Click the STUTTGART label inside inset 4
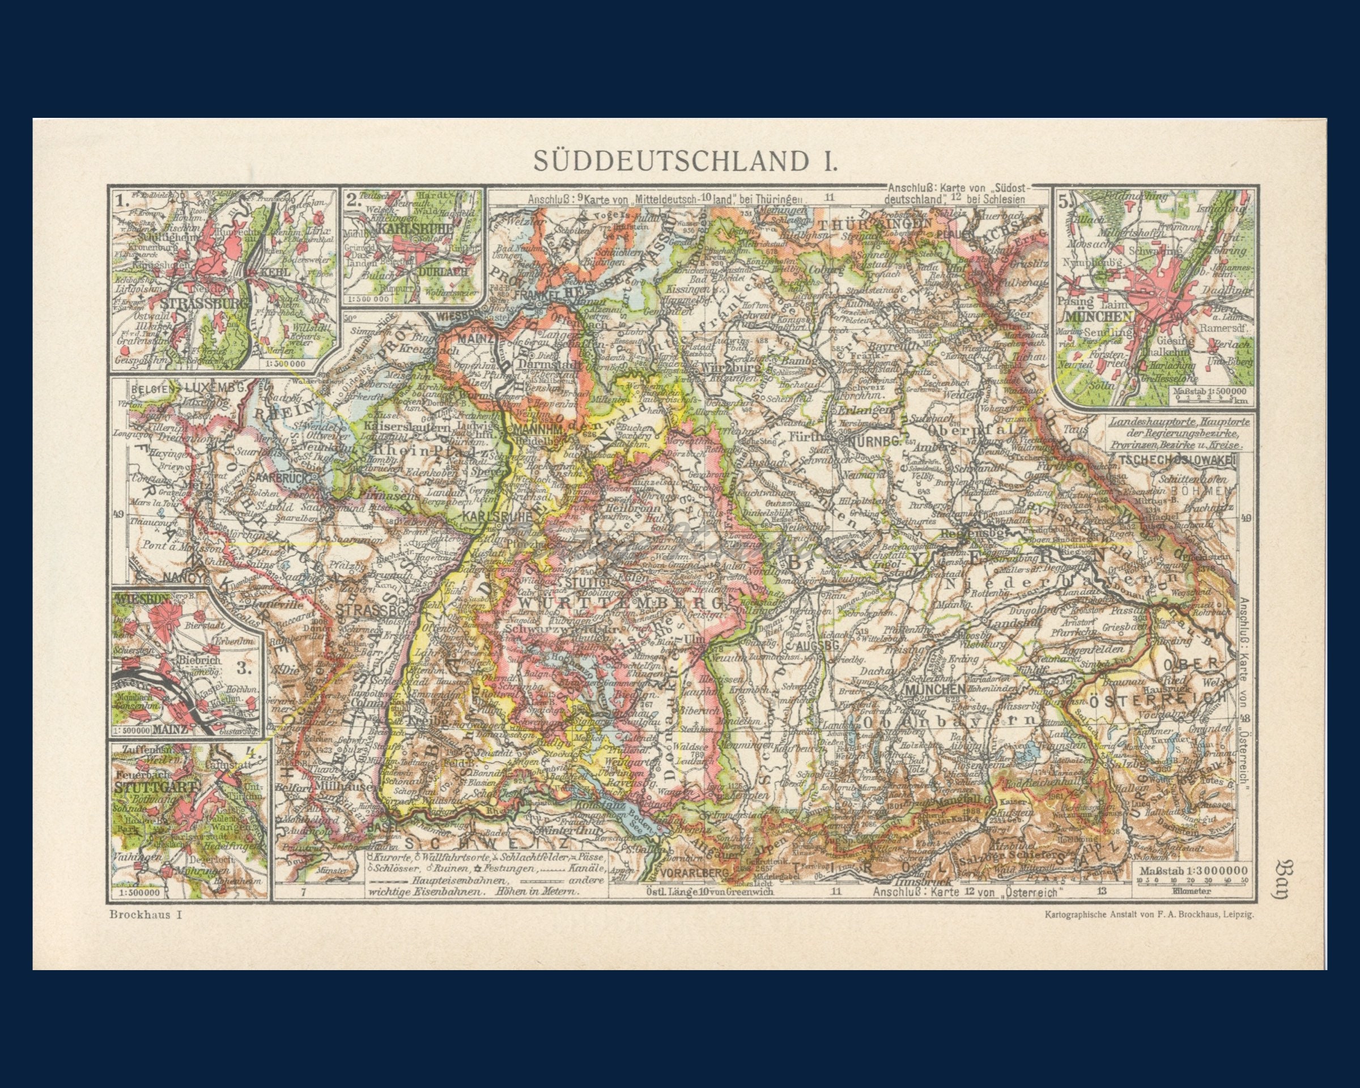[x=156, y=787]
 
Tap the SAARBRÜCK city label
[x=280, y=478]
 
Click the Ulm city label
[x=694, y=638]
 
